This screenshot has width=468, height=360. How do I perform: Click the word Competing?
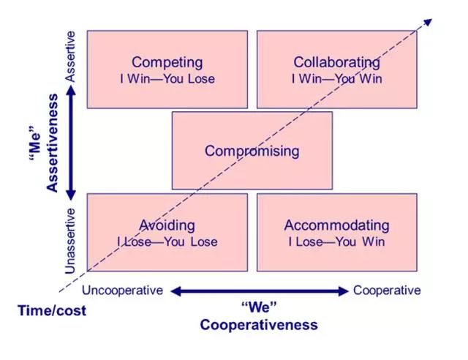click(167, 62)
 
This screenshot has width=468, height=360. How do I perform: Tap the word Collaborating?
click(336, 62)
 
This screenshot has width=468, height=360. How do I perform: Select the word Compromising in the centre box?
click(252, 151)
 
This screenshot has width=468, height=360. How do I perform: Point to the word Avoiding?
click(167, 225)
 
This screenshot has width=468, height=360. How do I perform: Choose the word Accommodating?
click(336, 225)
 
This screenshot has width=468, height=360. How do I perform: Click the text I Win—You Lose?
click(167, 79)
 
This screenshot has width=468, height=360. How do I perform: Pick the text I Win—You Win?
click(336, 79)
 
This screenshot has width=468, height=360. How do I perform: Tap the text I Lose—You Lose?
click(167, 241)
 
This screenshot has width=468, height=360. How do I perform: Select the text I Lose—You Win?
click(336, 241)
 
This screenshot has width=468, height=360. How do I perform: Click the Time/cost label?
click(52, 310)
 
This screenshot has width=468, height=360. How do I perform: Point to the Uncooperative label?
click(123, 290)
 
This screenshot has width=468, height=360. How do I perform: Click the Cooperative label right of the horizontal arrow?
click(387, 290)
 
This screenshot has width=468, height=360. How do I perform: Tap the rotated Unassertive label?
click(71, 241)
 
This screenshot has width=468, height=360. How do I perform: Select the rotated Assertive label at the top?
click(71, 55)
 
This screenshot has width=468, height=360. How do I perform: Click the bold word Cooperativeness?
click(259, 324)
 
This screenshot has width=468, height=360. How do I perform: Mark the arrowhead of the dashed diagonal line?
click(426, 23)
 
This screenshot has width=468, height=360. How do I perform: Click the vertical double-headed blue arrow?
click(71, 143)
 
